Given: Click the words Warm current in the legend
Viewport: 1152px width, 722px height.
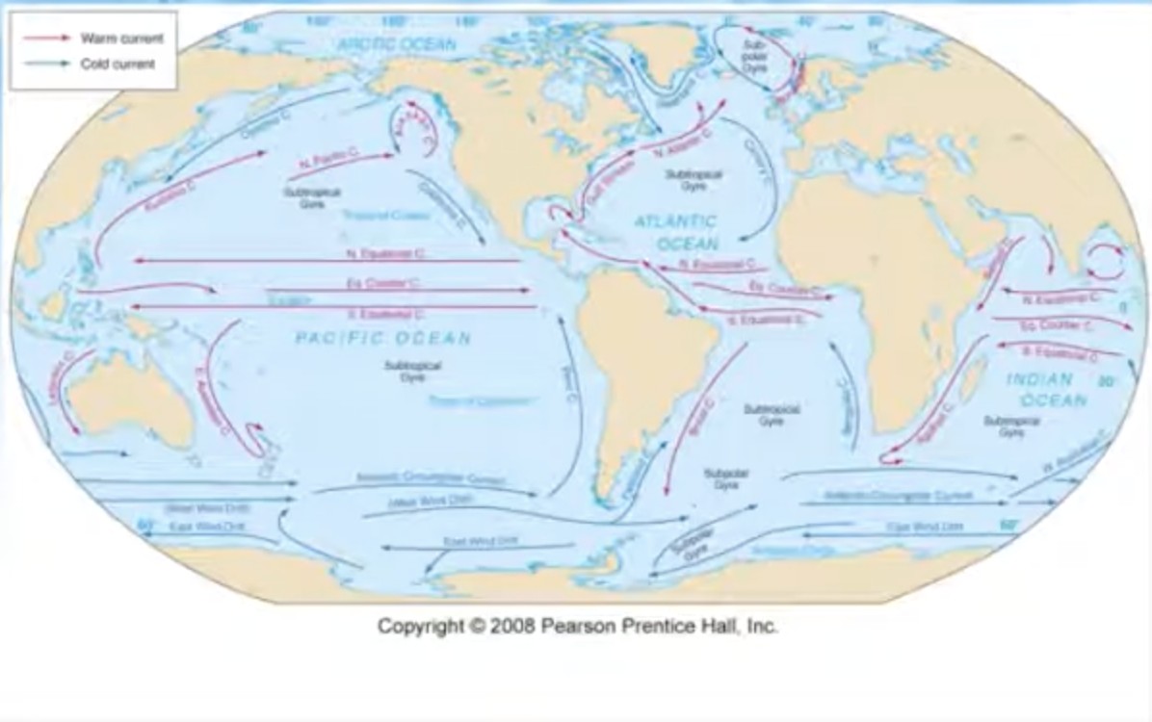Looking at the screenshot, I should [109, 38].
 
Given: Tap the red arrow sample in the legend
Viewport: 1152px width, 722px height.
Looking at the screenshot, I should [47, 38].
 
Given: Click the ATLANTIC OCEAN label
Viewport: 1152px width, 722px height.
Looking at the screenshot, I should [675, 232].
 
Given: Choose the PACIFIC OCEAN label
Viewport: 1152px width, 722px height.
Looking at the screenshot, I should [383, 338].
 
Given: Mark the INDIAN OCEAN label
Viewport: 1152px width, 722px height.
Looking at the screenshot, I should [1046, 389].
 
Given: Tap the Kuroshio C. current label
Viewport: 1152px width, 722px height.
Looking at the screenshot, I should [170, 196].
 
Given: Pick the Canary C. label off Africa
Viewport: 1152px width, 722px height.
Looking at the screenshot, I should [757, 160].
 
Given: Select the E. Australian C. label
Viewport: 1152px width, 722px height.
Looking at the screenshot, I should [211, 395].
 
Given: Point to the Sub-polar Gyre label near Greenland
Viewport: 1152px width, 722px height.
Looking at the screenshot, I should [755, 57].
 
